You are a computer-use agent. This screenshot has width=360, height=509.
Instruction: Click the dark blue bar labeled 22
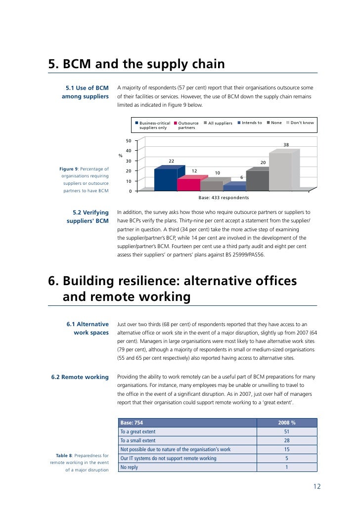(166, 179)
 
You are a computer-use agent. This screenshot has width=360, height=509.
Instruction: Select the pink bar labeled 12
(188, 184)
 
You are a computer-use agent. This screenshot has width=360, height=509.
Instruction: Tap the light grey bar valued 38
(280, 171)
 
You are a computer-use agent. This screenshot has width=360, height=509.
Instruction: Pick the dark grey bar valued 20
(257, 180)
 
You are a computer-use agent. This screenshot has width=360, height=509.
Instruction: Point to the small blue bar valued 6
(234, 188)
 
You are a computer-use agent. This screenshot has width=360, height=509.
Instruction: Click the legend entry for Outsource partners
(188, 125)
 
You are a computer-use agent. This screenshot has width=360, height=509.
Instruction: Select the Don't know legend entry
(299, 123)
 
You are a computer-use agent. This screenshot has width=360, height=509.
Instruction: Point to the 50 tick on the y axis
(128, 141)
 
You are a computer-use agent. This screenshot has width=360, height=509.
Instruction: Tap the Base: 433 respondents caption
(223, 198)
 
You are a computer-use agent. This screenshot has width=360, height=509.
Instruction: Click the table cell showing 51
(287, 431)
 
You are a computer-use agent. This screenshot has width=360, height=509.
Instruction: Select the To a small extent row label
(138, 440)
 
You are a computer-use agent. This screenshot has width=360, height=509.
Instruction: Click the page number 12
(317, 486)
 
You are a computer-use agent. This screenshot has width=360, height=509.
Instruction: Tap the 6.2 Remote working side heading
(80, 377)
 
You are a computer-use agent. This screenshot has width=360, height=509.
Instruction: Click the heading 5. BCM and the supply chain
(136, 65)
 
